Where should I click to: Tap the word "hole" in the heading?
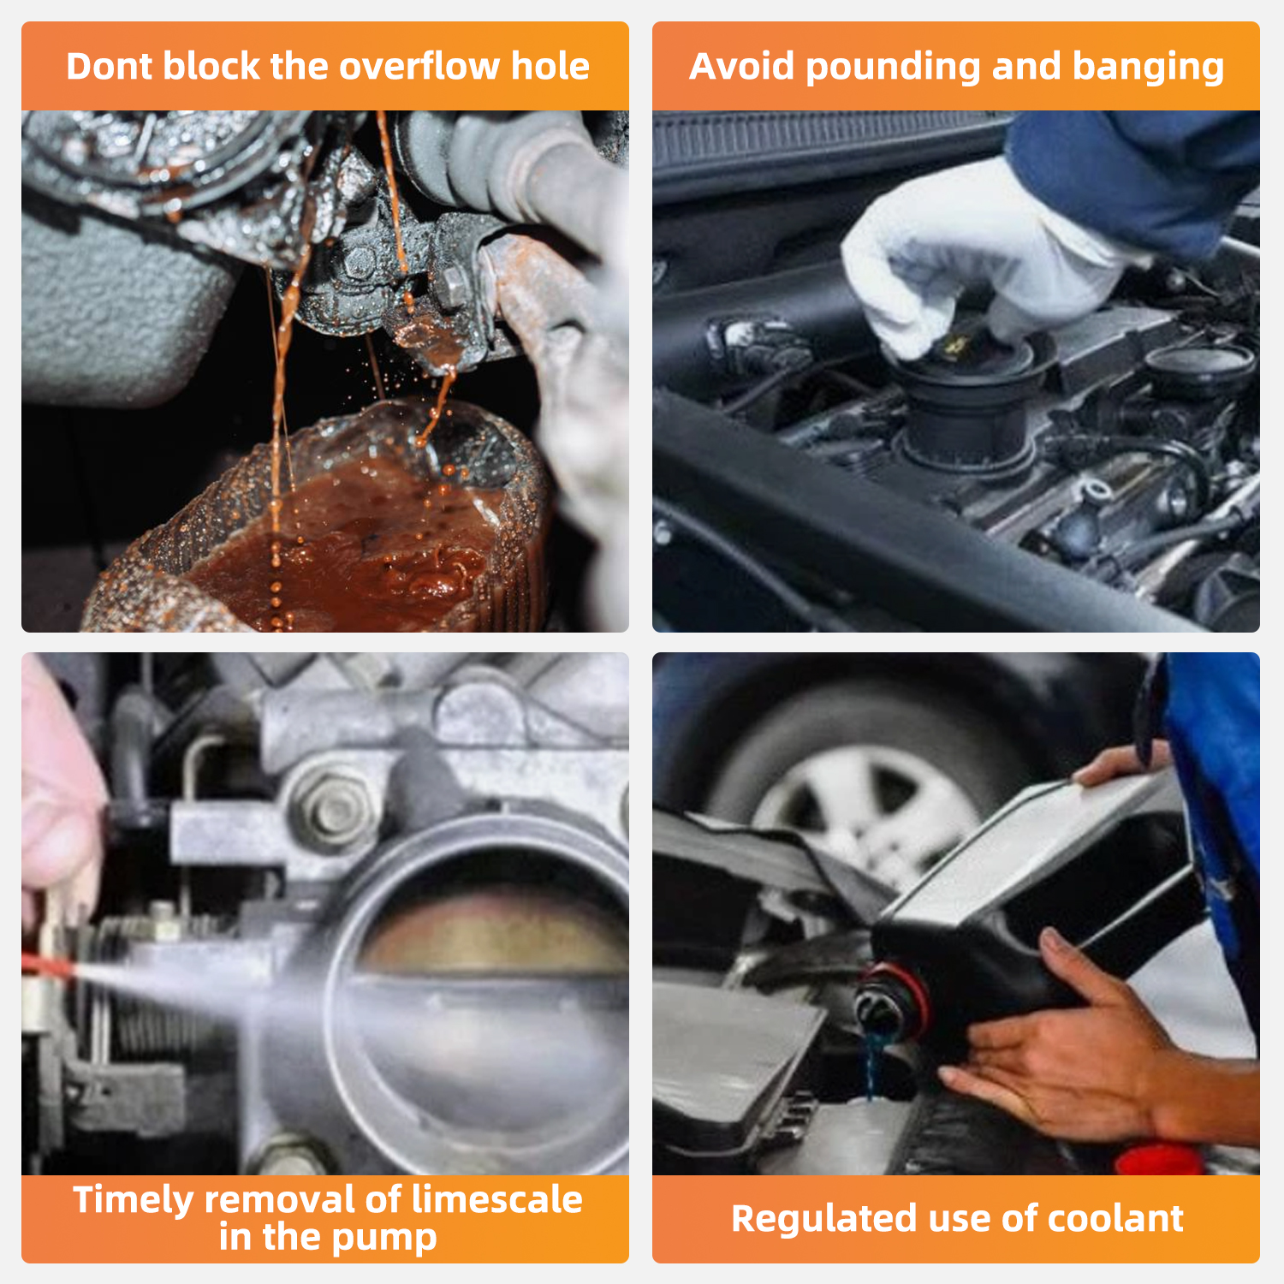pyautogui.click(x=550, y=66)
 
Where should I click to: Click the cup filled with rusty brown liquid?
pyautogui.click(x=325, y=522)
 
